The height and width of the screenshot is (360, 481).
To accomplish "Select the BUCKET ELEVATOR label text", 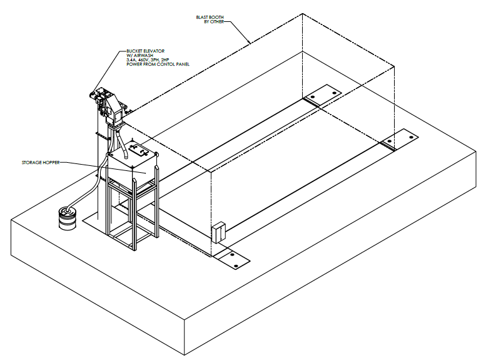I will click(146, 51).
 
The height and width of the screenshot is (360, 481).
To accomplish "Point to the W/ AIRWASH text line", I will click(141, 55).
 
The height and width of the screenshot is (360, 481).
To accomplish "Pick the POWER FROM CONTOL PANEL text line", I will click(157, 64).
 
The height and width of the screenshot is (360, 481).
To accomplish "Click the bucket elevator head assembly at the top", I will click(109, 103).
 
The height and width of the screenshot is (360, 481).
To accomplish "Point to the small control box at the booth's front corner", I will click(218, 232).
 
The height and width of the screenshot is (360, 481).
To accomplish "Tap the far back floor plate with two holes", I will click(323, 95).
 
